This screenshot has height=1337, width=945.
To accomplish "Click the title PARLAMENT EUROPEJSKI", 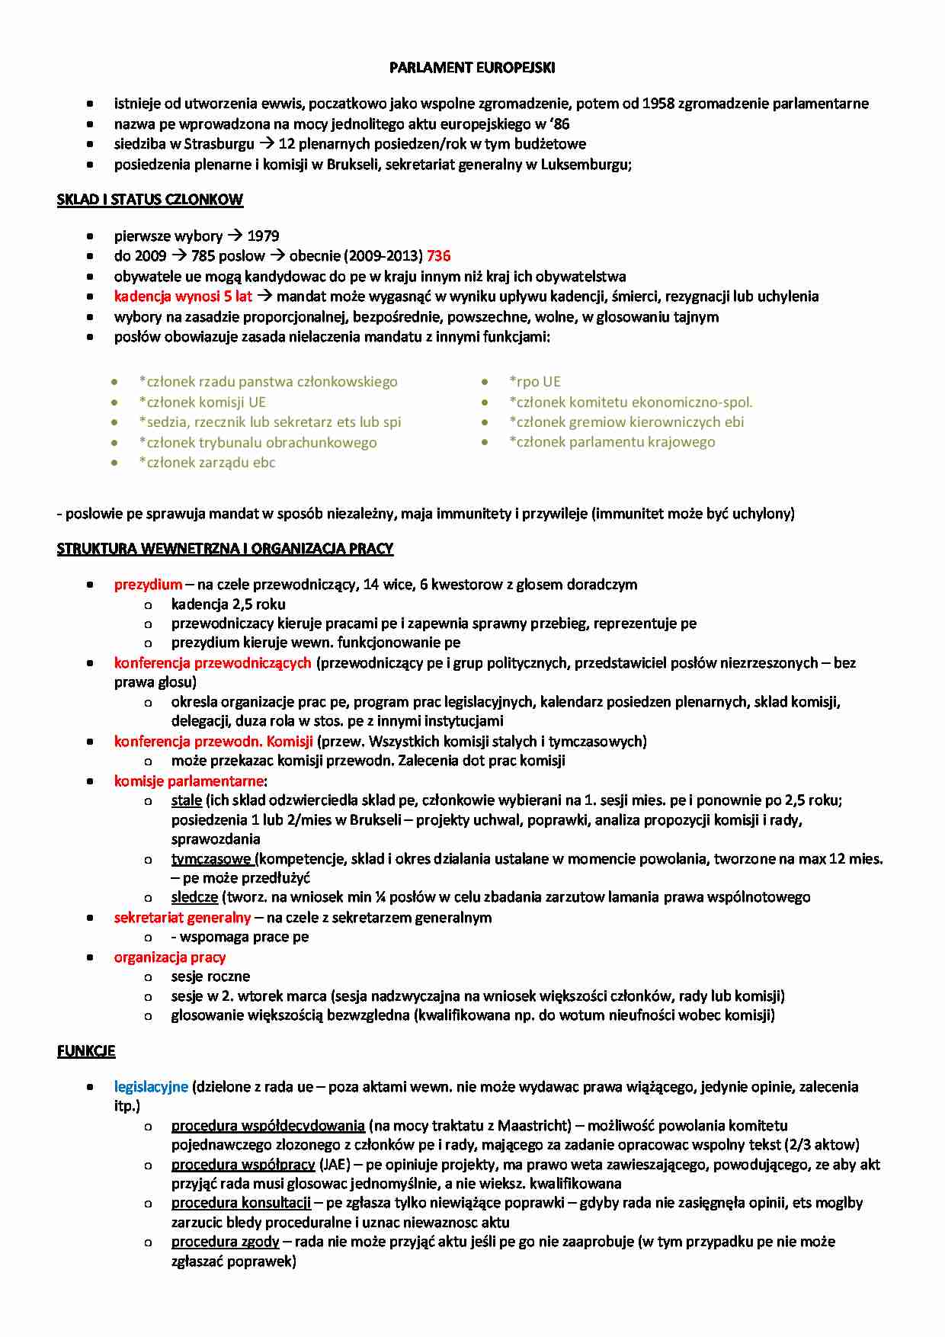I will pyautogui.click(x=472, y=68).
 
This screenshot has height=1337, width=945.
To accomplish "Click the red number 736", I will pyautogui.click(x=439, y=256).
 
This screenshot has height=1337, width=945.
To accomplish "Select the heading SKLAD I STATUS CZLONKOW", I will pyautogui.click(x=149, y=200).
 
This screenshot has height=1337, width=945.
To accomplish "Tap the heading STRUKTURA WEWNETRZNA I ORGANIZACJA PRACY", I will pyautogui.click(x=225, y=549).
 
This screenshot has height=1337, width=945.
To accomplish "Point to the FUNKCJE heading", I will pyautogui.click(x=86, y=1051).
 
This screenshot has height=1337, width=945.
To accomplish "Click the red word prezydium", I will pyautogui.click(x=148, y=585).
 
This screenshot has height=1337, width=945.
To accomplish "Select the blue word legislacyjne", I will pyautogui.click(x=151, y=1087).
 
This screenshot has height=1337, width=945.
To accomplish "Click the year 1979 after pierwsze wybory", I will pyautogui.click(x=263, y=236).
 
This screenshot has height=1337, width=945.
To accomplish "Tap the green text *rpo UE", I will pyautogui.click(x=535, y=382).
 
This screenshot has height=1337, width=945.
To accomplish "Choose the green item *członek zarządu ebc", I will pyautogui.click(x=207, y=463).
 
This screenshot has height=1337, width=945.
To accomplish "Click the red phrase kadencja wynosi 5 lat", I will pyautogui.click(x=183, y=297).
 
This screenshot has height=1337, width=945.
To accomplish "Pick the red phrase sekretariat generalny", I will pyautogui.click(x=182, y=918).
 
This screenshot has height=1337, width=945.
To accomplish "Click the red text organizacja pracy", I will pyautogui.click(x=170, y=957).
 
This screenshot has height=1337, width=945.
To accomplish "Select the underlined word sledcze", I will pyautogui.click(x=194, y=897).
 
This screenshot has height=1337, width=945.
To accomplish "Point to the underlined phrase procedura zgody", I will pyautogui.click(x=225, y=1242).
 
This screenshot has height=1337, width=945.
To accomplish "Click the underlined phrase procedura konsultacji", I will pyautogui.click(x=241, y=1203).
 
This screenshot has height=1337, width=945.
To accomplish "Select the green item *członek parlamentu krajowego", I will pyautogui.click(x=612, y=442).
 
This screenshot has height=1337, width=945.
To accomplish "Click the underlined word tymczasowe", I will pyautogui.click(x=212, y=859).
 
